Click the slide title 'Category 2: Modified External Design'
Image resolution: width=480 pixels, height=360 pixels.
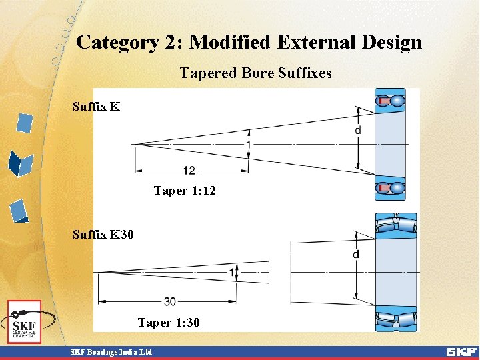tap(249, 43)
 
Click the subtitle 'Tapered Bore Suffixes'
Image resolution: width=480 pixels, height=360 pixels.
tap(255, 73)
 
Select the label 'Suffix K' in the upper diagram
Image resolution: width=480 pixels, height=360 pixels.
tap(96, 106)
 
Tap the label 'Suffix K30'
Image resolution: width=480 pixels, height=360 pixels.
tap(103, 235)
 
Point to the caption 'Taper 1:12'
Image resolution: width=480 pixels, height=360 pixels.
tap(185, 191)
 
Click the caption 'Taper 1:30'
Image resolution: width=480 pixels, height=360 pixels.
tap(169, 323)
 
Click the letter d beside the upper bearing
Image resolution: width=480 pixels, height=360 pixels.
tap(358, 131)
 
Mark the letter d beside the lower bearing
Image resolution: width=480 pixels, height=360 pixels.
tap(356, 254)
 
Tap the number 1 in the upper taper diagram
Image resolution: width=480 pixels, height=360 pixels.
tap(248, 145)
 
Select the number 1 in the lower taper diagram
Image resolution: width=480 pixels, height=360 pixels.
tap(231, 272)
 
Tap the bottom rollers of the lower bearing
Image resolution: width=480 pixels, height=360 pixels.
tap(396, 319)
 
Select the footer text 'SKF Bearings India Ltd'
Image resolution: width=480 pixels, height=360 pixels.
tap(111, 352)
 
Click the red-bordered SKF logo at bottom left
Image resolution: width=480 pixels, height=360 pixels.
tap(25, 321)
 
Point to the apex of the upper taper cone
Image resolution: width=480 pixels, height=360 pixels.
tap(133, 144)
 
